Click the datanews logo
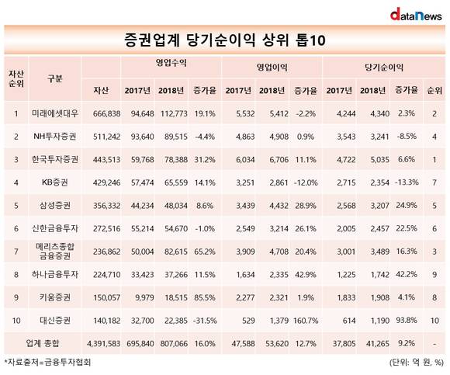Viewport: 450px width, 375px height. [416, 15]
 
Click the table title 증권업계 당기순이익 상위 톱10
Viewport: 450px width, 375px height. [225, 40]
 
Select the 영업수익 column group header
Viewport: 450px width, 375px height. [171, 63]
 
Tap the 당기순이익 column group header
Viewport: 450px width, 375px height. [384, 68]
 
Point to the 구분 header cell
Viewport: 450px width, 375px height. [55, 78]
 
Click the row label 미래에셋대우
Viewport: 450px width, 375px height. [55, 113]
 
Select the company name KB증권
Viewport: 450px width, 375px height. [55, 182]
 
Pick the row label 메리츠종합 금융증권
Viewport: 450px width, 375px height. [55, 252]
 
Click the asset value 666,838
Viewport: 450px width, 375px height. [106, 113]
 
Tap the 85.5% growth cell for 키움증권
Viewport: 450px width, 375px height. [205, 297]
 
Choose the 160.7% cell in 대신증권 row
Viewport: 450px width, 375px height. [306, 321]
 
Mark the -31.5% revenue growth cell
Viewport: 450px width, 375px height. [205, 321]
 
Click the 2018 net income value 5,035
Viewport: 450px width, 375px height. [379, 160]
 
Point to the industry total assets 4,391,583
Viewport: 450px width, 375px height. [103, 343]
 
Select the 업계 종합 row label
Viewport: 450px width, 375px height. [42, 343]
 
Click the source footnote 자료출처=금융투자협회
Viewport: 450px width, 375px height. [47, 362]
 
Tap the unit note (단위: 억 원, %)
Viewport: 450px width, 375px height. [417, 363]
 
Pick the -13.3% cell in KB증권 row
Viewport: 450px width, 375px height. [407, 182]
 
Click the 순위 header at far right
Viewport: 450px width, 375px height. [434, 90]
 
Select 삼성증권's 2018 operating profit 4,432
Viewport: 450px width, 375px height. [279, 206]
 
